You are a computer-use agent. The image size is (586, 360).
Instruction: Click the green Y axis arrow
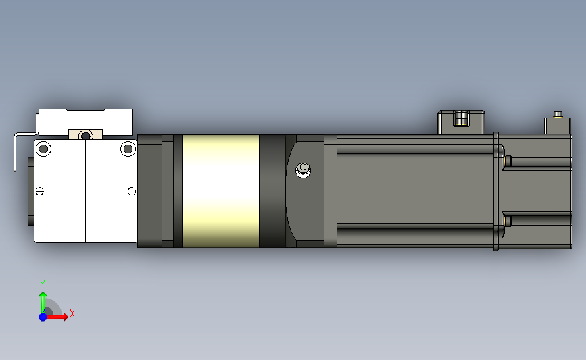tap(43, 301)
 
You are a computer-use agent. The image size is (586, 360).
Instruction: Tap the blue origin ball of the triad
tap(43, 316)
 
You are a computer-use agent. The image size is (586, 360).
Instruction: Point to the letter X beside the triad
tap(72, 313)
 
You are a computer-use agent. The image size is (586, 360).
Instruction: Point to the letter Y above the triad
tap(42, 284)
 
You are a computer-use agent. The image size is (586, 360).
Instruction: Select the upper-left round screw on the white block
tap(44, 148)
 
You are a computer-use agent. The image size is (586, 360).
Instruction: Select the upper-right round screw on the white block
tap(128, 148)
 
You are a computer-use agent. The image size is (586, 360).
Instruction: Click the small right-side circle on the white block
tap(131, 192)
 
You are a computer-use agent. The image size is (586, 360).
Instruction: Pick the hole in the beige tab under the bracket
tap(86, 134)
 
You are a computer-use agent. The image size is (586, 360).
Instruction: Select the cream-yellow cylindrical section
tap(221, 191)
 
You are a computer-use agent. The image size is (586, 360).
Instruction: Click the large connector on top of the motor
tap(462, 121)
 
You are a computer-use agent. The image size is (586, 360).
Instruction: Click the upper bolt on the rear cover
tap(506, 160)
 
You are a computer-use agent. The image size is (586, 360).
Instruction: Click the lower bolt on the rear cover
tap(506, 222)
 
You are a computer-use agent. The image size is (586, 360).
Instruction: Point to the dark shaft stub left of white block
tap(30, 191)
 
